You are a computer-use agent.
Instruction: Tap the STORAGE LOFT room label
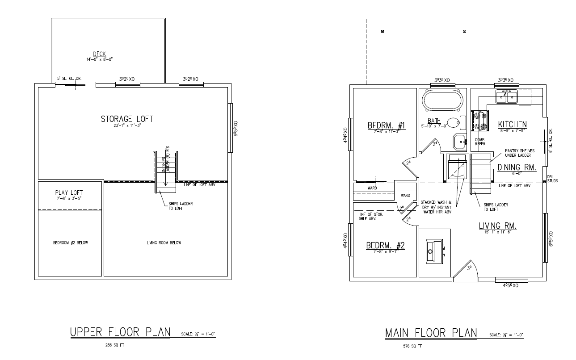click(127, 119)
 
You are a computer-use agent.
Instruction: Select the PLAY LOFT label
click(68, 193)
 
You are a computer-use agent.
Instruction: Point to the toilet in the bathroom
click(455, 122)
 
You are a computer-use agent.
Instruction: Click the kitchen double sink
click(507, 96)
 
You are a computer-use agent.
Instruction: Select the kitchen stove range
click(479, 121)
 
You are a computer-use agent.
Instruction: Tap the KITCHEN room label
click(513, 124)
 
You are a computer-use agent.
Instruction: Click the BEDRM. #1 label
click(386, 125)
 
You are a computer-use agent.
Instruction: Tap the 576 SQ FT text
click(412, 346)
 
